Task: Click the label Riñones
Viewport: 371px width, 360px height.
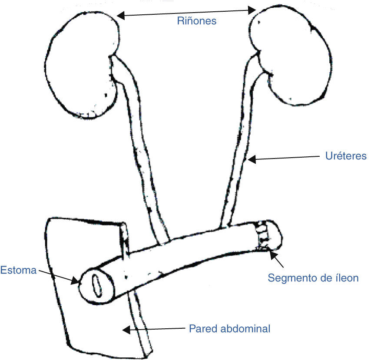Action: coord(196,21)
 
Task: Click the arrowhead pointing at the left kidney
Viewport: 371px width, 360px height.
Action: coord(121,16)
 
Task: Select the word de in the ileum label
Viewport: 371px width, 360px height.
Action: coord(325,278)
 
